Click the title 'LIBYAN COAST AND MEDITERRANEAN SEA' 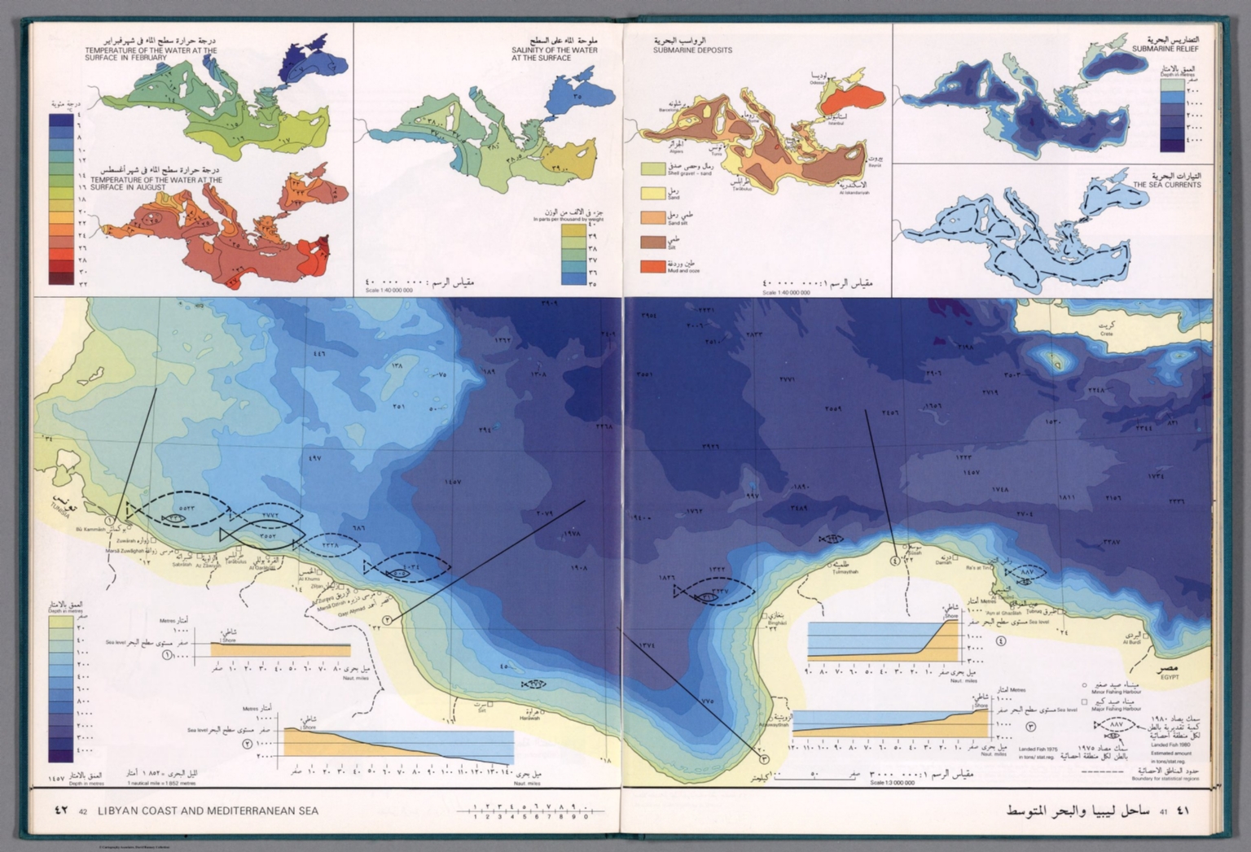pos(208,810)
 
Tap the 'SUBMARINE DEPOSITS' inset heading pos(692,50)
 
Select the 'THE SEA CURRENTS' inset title pos(1166,185)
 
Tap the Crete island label pos(1105,334)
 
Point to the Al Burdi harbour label pos(1133,642)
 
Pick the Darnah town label pos(943,563)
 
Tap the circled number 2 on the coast pos(387,620)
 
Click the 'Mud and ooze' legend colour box pos(652,266)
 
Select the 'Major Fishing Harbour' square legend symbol pos(1084,701)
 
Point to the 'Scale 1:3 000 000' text pos(892,783)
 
